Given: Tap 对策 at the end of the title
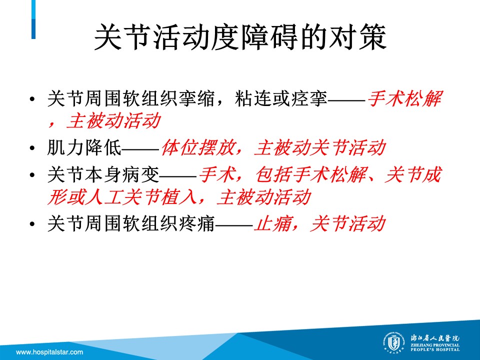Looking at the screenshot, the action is point(357,37).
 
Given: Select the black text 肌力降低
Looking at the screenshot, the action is point(84,148).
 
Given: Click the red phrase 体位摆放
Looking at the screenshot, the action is point(198,148).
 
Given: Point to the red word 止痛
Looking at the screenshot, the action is point(273,224).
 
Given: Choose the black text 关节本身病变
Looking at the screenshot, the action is point(103,175).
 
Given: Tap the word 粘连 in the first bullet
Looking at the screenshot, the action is point(253,99).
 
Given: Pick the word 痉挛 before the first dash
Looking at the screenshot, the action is point(309,99).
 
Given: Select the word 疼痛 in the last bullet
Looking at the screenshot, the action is point(196,224).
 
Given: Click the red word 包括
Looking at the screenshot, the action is point(274,175).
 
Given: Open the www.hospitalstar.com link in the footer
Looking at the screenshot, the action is point(49,352).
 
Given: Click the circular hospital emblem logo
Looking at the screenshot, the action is point(393,343).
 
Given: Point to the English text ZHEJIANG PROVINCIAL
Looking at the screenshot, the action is point(435,345).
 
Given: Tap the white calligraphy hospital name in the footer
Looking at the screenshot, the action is point(435,338).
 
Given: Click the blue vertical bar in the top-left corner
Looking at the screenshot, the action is point(33,19).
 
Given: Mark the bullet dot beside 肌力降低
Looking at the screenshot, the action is point(32,148).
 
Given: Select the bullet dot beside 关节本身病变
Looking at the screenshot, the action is point(32,175).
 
